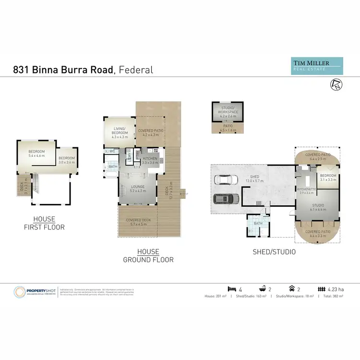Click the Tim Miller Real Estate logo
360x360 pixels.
click(x=318, y=65)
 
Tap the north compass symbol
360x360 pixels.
click(x=337, y=84)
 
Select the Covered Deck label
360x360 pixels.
click(x=137, y=221)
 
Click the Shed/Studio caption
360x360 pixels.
click(x=274, y=252)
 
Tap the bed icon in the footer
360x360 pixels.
click(x=231, y=289)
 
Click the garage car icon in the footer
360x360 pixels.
click(x=292, y=289)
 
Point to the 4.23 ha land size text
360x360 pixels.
click(x=336, y=289)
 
